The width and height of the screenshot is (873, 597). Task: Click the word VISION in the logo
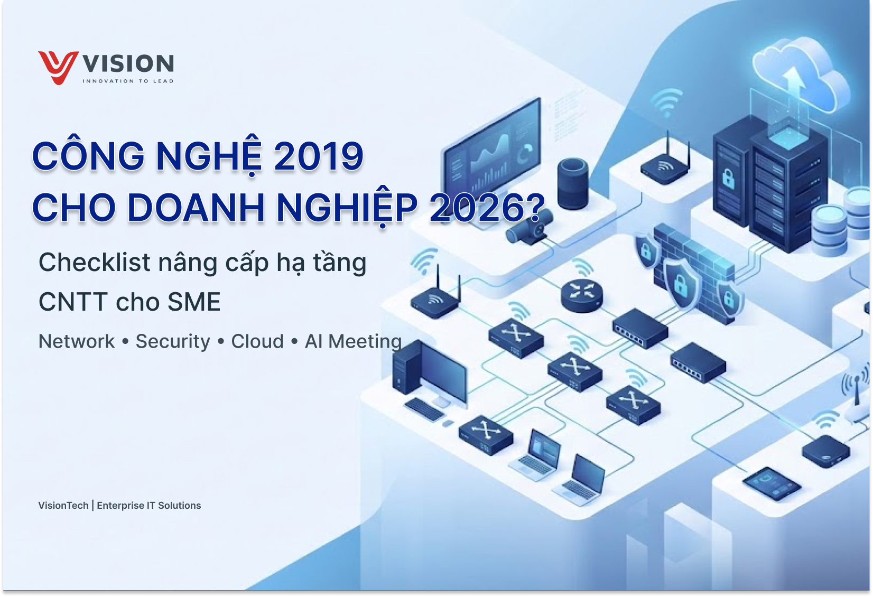pos(128,63)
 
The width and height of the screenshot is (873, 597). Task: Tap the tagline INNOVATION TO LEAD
pos(128,81)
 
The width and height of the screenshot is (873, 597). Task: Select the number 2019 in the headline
pos(319,156)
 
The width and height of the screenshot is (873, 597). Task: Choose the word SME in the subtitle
pos(194,302)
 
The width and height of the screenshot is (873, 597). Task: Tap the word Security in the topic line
pos(173,342)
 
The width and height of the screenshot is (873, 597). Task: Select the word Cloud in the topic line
pos(257,341)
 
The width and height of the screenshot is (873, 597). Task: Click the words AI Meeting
pos(353,341)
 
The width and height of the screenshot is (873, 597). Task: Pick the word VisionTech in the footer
pos(63,506)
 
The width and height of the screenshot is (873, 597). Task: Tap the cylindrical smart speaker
pos(572,183)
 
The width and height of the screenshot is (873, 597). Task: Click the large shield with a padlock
pos(681,283)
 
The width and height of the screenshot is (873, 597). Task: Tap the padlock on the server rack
pos(728,178)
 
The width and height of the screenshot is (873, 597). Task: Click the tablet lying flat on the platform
pos(772,483)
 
